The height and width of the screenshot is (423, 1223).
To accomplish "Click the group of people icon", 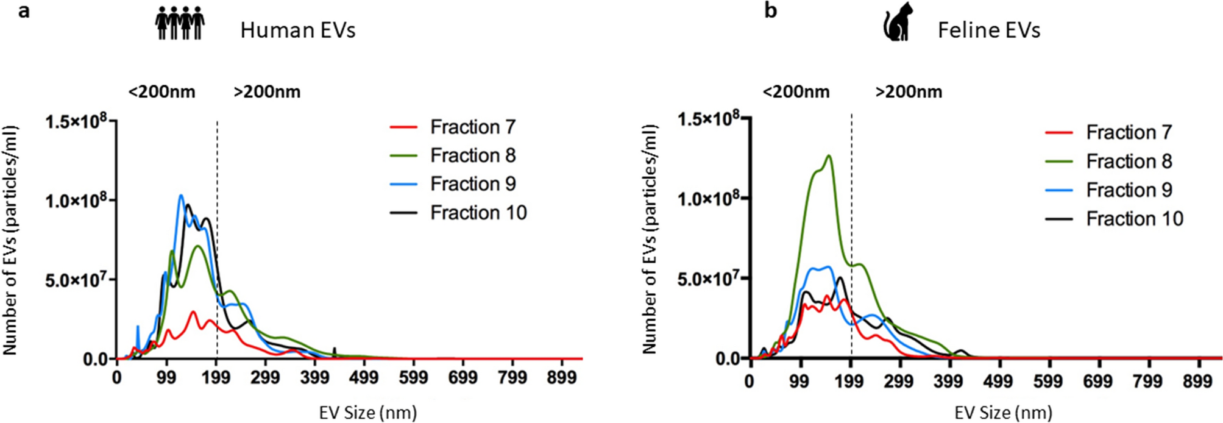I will [x=180, y=24].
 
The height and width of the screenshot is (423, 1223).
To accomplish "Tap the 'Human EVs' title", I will [x=297, y=30].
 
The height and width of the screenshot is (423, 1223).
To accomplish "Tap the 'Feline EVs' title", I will [x=988, y=30].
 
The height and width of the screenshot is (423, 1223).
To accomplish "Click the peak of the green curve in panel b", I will [x=829, y=156].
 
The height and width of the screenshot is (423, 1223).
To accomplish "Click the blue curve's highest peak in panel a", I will [x=181, y=196].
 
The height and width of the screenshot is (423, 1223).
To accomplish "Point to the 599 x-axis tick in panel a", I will [x=413, y=377].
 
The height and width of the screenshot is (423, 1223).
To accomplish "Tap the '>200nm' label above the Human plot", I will [x=267, y=92].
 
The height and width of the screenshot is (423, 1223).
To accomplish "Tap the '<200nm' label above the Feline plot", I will [x=796, y=92].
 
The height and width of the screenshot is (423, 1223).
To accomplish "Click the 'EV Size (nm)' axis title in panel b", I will [x=1003, y=413].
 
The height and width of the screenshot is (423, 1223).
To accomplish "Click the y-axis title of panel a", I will [x=10, y=241].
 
